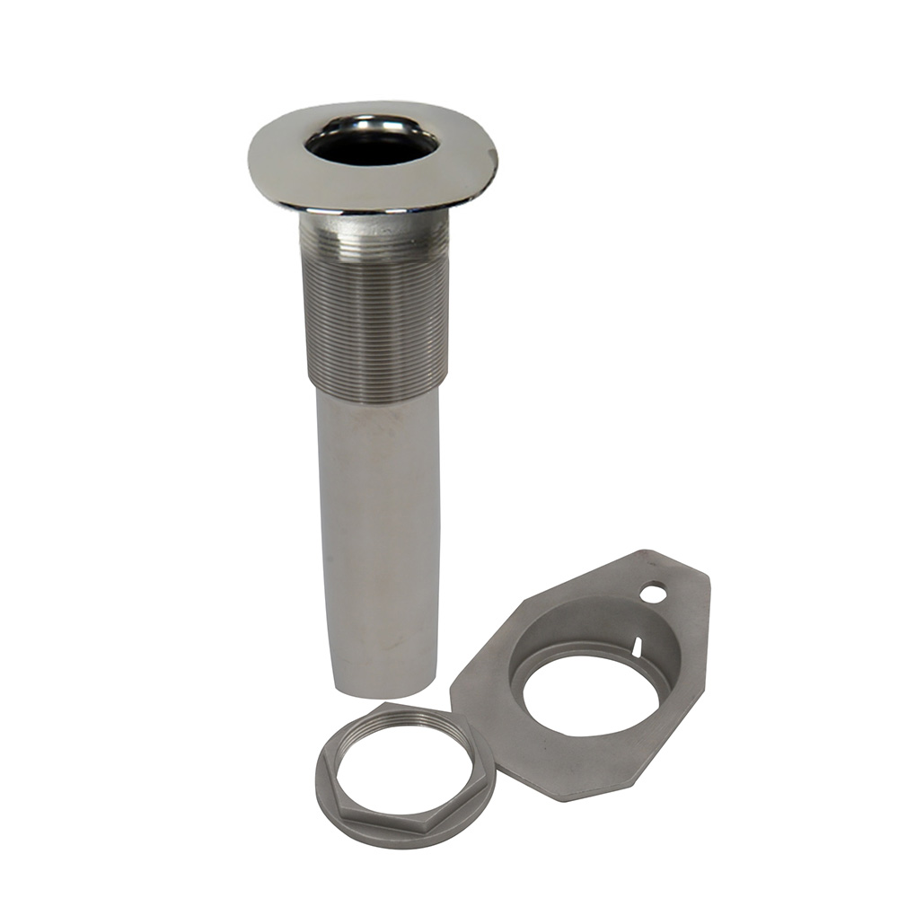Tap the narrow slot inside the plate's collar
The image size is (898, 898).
pos(636,645)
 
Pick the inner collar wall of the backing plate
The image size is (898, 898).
pos(575,629)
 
